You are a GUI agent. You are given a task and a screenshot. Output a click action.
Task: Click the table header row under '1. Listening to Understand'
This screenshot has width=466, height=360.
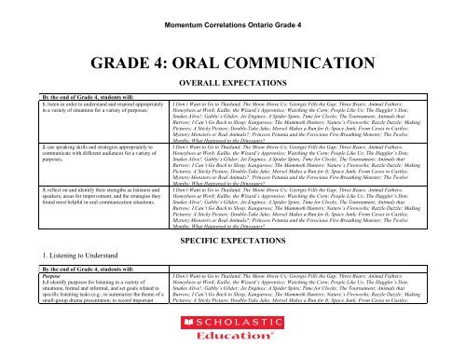(x=233, y=269)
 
